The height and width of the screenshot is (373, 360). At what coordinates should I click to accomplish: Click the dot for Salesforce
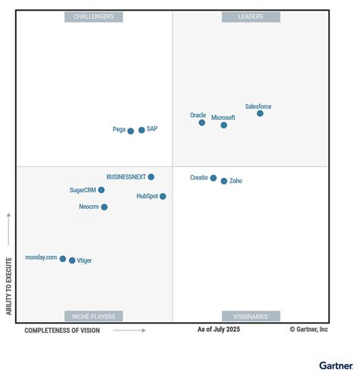pos(260,113)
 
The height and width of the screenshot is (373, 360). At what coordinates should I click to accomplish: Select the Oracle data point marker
pos(202,122)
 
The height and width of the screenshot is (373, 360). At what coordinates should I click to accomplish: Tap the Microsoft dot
pos(224,125)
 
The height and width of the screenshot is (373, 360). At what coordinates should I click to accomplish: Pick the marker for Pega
pos(131,131)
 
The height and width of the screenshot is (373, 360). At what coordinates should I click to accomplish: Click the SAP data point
pos(141,130)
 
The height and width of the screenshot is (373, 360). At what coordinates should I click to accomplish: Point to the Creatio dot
pos(213,178)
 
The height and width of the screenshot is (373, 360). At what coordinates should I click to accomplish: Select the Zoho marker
pos(224,181)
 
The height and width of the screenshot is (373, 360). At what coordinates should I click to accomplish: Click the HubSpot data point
pos(163,196)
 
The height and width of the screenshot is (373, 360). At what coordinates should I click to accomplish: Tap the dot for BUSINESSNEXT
pos(151,177)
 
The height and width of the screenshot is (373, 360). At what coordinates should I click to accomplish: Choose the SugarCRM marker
pos(101,190)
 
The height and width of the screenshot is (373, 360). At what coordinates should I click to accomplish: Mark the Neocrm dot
pos(104,207)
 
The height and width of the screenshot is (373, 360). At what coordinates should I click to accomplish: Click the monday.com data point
pos(63,258)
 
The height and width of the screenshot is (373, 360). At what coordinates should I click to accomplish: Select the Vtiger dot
pos(72,261)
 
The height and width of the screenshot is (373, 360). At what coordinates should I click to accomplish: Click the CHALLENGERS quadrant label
pos(93,17)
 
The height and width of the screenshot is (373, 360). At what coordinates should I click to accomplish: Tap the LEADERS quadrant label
pos(251,17)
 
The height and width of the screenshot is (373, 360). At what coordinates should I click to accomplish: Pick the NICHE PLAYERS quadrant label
pos(93,316)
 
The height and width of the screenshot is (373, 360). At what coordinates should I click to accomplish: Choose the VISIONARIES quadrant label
pos(251,316)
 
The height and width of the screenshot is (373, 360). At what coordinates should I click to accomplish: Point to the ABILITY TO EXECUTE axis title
pos(9,286)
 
